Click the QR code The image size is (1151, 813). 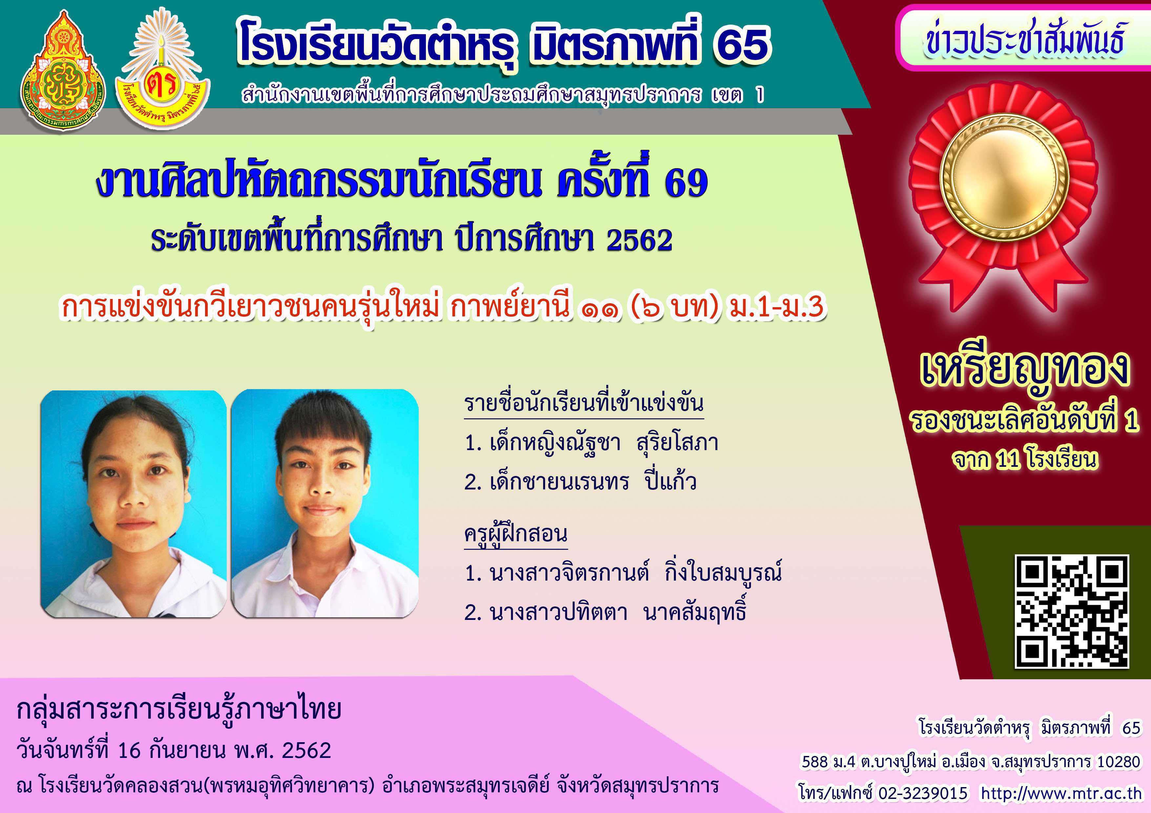(1072, 612)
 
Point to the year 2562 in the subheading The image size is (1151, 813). (639, 240)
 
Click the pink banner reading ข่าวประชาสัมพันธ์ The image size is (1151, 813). (1023, 38)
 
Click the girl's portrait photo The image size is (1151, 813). (133, 504)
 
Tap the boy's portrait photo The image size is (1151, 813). (325, 504)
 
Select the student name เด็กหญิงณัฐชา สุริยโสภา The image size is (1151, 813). (592, 443)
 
